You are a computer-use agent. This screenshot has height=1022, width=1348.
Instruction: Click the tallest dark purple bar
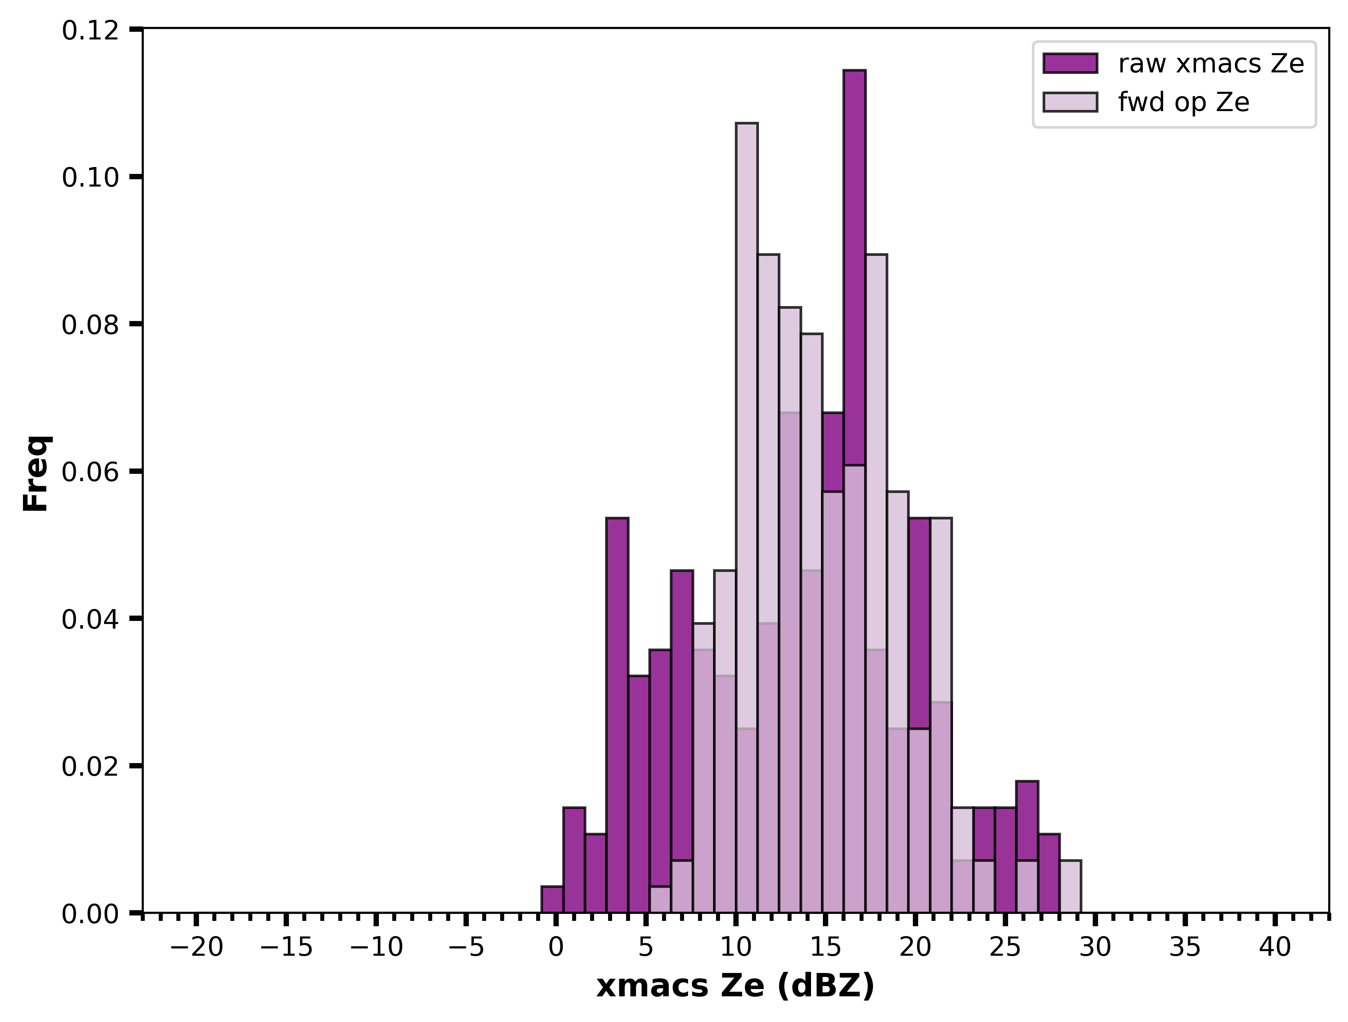854,491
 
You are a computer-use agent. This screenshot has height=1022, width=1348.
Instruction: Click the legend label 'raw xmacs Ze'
1211,64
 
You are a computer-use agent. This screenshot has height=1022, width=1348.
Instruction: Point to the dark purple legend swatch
1070,64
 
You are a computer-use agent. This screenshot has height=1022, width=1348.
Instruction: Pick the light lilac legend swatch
1070,102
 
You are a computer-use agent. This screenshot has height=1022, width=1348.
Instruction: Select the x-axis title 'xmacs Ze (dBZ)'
735,986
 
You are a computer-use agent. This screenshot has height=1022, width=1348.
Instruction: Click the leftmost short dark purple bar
552,899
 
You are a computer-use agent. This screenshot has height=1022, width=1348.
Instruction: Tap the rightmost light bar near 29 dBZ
1070,887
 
